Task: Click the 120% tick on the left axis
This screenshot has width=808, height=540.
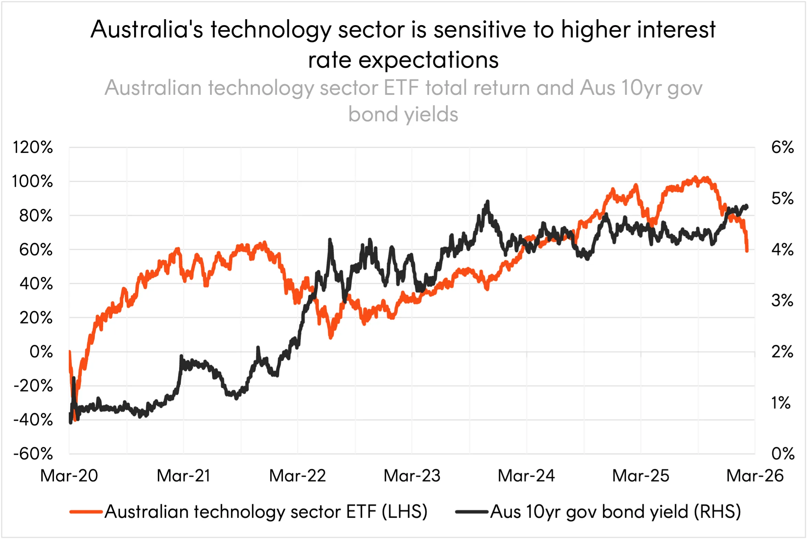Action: pos(33,147)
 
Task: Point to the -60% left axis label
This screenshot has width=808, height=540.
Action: pos(33,454)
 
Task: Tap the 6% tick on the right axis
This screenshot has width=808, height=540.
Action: pos(783,147)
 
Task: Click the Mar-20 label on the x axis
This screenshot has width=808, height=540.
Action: pos(69,476)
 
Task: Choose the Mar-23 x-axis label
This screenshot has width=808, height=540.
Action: pos(412,476)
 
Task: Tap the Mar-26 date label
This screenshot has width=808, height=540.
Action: pos(755,476)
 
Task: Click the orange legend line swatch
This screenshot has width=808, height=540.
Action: pos(86,512)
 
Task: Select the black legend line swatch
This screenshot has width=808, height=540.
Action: pos(472,512)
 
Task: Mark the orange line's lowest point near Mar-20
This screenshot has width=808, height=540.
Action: pos(75,419)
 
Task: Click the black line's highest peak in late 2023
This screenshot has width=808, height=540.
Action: pos(487,201)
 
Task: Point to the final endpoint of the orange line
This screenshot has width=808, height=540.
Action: pos(747,251)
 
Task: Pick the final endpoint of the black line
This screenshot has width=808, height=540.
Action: pos(747,207)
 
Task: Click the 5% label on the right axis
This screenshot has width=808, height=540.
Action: pos(783,198)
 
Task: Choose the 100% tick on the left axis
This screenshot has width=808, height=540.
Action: pos(33,181)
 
